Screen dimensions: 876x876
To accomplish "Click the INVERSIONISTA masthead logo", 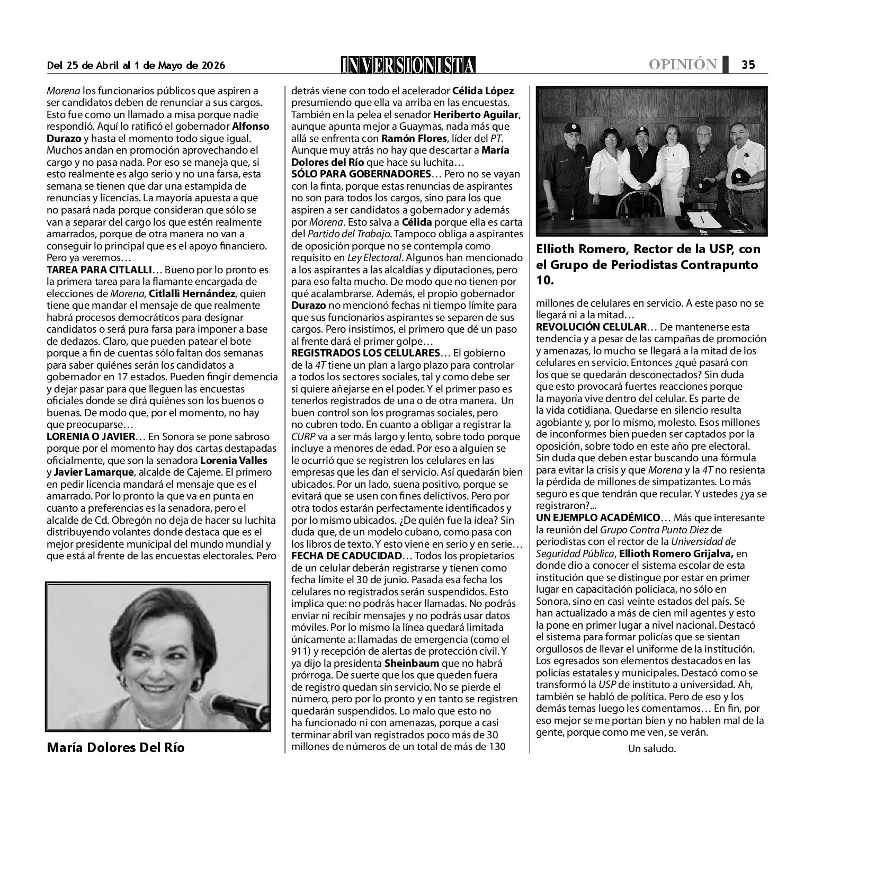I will click(408, 65).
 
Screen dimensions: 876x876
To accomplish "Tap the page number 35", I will click(748, 65).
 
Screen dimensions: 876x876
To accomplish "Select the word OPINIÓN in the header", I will click(683, 65).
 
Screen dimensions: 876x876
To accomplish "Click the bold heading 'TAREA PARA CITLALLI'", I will click(99, 270).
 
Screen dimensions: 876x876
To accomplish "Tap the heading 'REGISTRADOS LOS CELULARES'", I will click(365, 353).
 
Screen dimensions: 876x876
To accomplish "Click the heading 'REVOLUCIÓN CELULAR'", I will click(591, 327).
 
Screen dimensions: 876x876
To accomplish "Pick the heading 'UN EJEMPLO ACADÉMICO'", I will click(598, 517).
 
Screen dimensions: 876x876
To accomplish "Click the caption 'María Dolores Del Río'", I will click(115, 748).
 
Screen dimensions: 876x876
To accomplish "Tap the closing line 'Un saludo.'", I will click(652, 748).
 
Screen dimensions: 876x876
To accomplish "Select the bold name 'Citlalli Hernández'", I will click(207, 293).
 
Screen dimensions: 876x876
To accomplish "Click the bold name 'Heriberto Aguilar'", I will click(476, 114).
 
